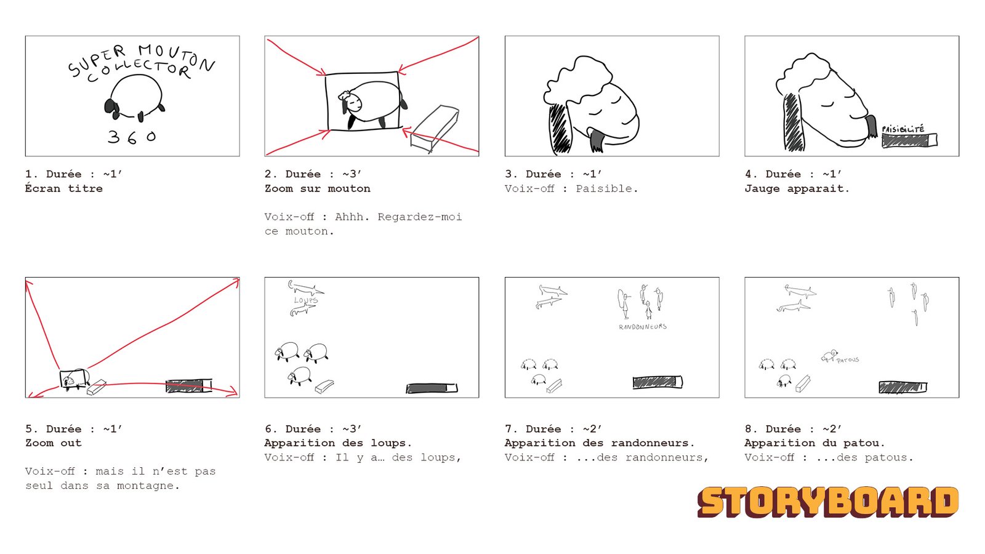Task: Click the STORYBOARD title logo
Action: click(x=827, y=502)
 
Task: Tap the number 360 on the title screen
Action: click(x=132, y=137)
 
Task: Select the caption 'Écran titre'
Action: click(x=64, y=188)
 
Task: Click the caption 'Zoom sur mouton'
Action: click(x=318, y=188)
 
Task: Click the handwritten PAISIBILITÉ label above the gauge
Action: click(x=903, y=129)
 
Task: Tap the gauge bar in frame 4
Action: click(x=909, y=140)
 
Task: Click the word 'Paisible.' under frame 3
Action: click(x=606, y=188)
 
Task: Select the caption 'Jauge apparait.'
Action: click(x=797, y=188)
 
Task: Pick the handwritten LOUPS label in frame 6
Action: click(x=306, y=300)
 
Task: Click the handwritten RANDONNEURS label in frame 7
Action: click(x=642, y=327)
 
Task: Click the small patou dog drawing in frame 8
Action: click(x=829, y=355)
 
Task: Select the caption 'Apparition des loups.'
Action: click(x=338, y=443)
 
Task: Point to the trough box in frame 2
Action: click(x=435, y=128)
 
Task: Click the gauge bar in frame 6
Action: click(x=432, y=388)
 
